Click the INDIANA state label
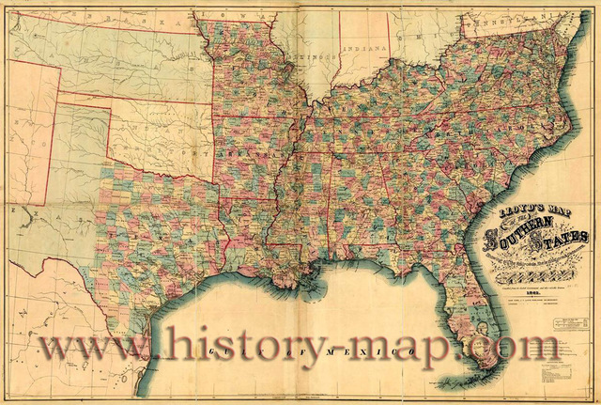point(364,48)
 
